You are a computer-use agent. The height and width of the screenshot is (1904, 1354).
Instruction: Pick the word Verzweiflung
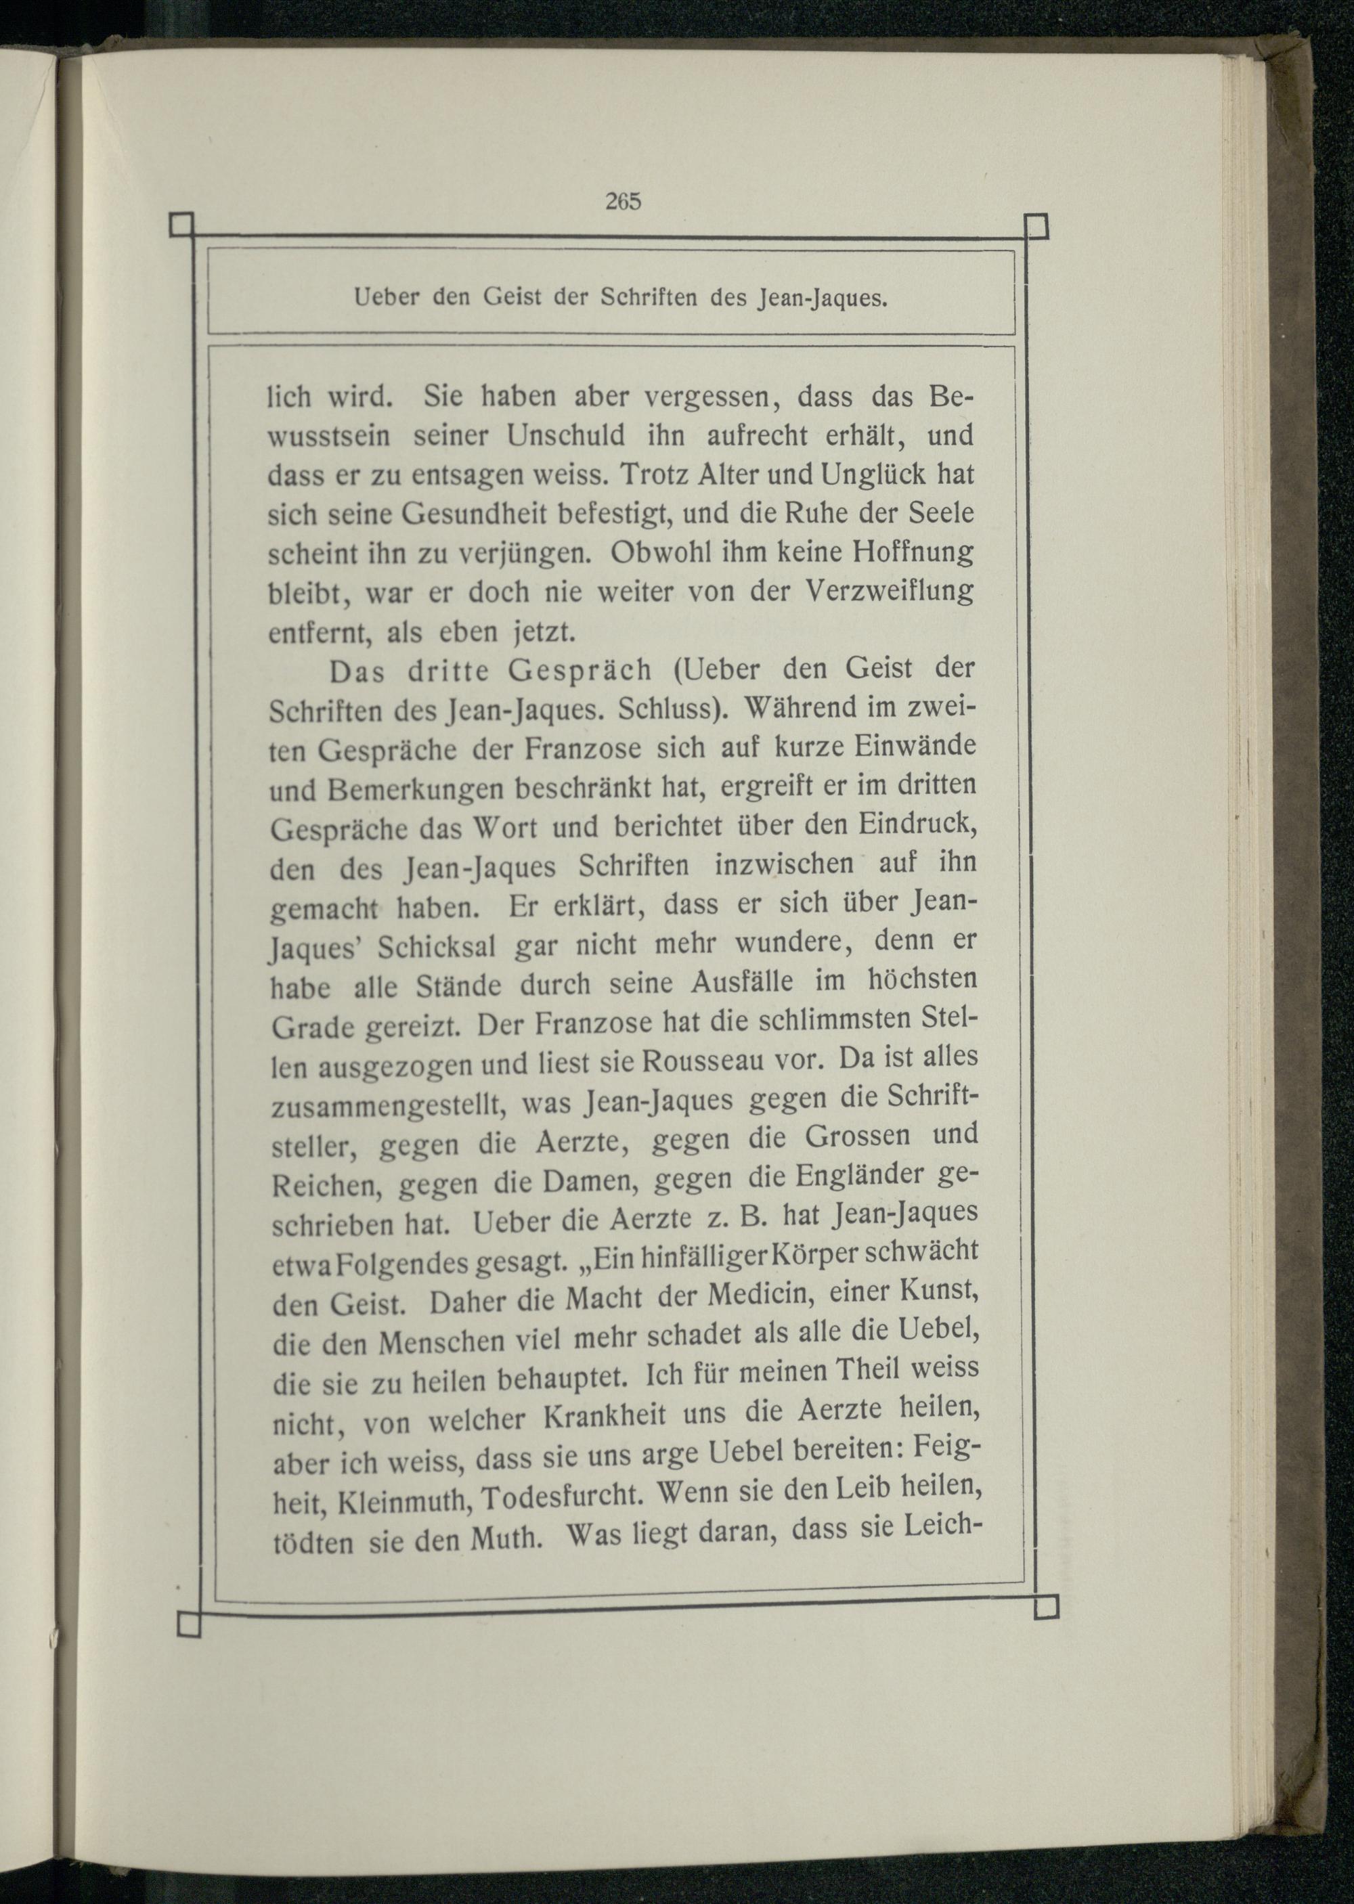(x=890, y=591)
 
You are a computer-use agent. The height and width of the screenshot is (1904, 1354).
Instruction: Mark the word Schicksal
(x=436, y=947)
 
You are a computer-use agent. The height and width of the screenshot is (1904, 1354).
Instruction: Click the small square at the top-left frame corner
(x=181, y=225)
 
